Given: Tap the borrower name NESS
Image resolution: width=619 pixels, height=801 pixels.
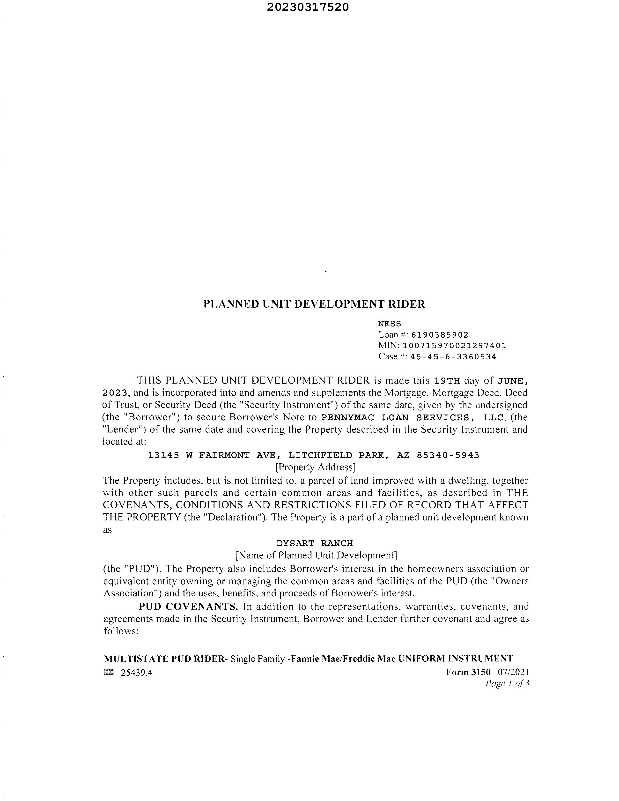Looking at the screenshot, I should (390, 324).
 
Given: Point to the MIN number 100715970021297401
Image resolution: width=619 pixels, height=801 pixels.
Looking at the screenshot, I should (454, 346).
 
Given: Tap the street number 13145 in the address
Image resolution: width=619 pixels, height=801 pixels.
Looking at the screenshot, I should (163, 455).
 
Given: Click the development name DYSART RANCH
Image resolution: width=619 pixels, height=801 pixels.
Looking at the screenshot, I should (314, 543).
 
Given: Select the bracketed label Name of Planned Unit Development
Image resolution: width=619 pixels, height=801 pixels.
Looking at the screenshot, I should (316, 555).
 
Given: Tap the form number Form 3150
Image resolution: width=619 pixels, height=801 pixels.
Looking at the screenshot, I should (468, 672).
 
